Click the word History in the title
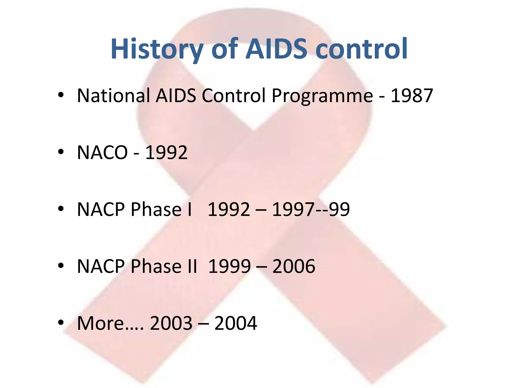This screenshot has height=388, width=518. tap(157, 49)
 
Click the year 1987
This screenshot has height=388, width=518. tap(412, 95)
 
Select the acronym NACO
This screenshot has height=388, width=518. tap(102, 153)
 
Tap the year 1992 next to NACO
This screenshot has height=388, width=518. tap(166, 153)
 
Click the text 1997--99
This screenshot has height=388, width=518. tap(311, 209)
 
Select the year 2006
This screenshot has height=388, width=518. tap(294, 266)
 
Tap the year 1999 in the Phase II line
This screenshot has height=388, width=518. tap(229, 266)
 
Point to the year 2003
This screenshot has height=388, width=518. tap(171, 323)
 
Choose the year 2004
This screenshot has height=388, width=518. tap(236, 323)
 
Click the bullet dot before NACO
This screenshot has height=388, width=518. tap(61, 152)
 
